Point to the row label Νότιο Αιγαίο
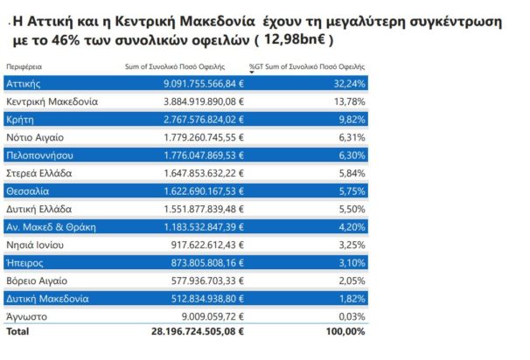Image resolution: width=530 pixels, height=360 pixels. tap(34, 137)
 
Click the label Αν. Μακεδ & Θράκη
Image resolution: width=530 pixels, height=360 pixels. tap(50, 226)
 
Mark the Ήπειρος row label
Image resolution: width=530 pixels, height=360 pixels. tap(26, 262)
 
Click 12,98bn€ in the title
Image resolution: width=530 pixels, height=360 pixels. tap(293, 40)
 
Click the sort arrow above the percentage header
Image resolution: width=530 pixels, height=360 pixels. tap(252, 73)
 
